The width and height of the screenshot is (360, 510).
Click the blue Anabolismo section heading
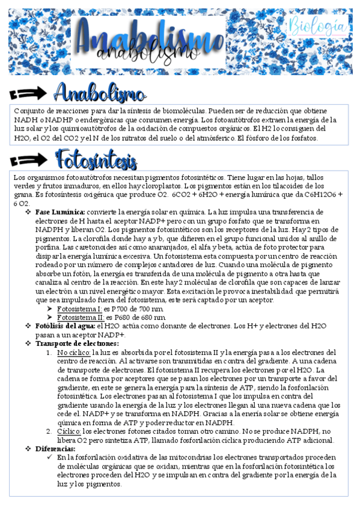[100, 93]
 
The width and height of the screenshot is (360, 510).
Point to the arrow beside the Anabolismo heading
[31, 93]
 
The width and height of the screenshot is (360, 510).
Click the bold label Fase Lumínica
[60, 213]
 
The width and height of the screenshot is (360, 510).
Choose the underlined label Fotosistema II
[80, 317]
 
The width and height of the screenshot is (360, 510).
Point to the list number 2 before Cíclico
[49, 431]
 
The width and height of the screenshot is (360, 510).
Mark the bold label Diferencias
[55, 449]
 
